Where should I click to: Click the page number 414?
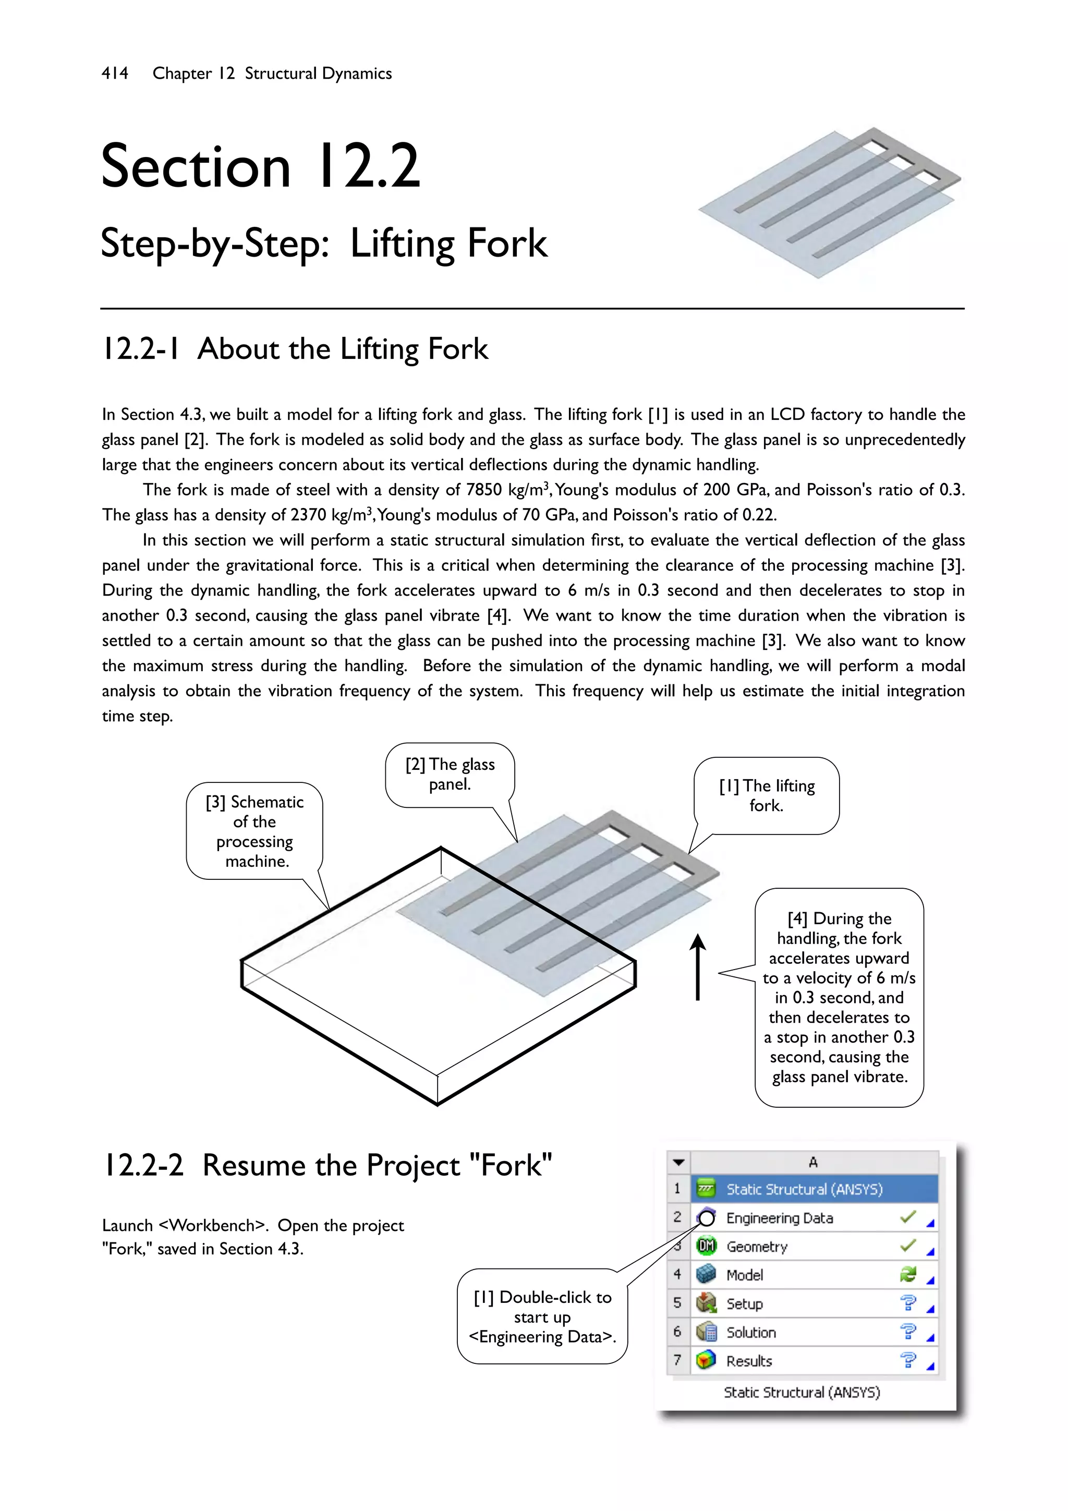115,73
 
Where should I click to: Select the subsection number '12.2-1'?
140,349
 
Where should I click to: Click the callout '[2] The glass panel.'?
450,774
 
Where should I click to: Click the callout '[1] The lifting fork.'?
766,795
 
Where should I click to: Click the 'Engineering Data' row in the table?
779,1218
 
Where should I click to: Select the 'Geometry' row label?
757,1247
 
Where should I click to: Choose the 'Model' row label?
744,1275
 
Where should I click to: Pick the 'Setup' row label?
744,1304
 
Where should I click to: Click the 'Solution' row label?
751,1332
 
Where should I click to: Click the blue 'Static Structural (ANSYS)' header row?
804,1189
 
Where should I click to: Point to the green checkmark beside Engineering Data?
907,1217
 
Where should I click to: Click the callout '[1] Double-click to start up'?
542,1316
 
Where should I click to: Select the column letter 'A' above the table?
814,1162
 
